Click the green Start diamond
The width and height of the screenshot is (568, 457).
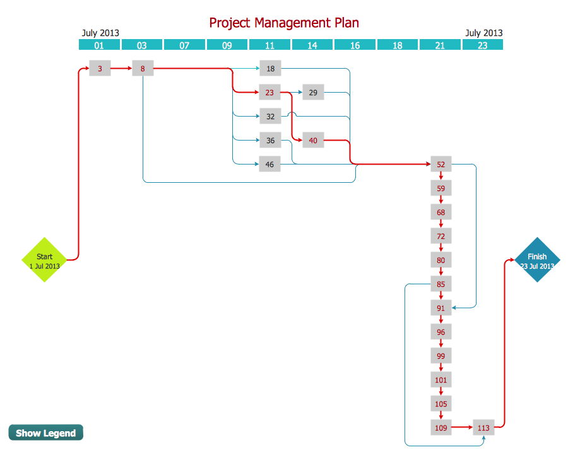[x=44, y=260]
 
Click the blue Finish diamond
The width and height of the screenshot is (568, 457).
[x=537, y=260]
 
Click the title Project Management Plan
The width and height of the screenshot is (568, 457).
[x=284, y=23]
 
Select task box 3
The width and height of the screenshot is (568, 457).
[x=100, y=69]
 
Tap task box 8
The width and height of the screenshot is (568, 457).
[x=143, y=69]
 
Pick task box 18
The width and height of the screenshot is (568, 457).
[x=271, y=69]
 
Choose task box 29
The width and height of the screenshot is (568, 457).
[x=313, y=93]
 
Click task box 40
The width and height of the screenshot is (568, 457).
[x=313, y=141]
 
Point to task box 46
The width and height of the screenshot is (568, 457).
[x=270, y=165]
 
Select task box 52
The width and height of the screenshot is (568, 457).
[x=441, y=165]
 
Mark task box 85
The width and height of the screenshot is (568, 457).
[x=441, y=284]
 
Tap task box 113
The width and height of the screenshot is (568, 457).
[x=483, y=428]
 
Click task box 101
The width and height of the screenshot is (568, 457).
[x=441, y=380]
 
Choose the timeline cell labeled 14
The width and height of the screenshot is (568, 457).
[x=312, y=45]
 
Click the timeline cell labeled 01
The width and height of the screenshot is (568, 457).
[x=99, y=45]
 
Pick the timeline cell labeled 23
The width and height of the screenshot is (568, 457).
[x=483, y=45]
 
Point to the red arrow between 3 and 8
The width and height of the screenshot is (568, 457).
[x=121, y=69]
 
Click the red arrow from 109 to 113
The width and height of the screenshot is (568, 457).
[x=462, y=428]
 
